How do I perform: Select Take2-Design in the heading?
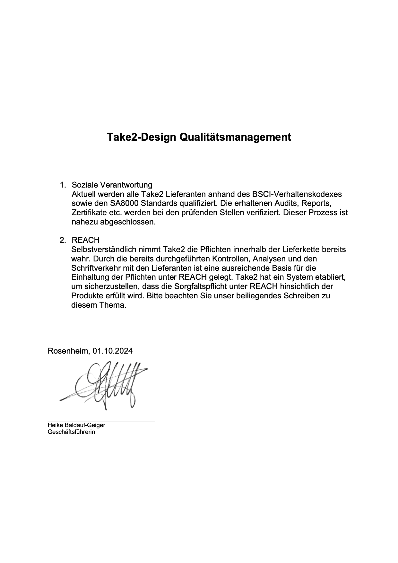click(142, 137)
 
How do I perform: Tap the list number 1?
click(63, 185)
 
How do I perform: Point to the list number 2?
click(63, 240)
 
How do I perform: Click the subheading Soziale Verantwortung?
click(112, 185)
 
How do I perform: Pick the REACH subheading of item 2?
click(86, 240)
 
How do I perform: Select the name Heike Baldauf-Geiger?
click(76, 425)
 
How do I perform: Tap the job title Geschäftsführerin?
click(71, 432)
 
